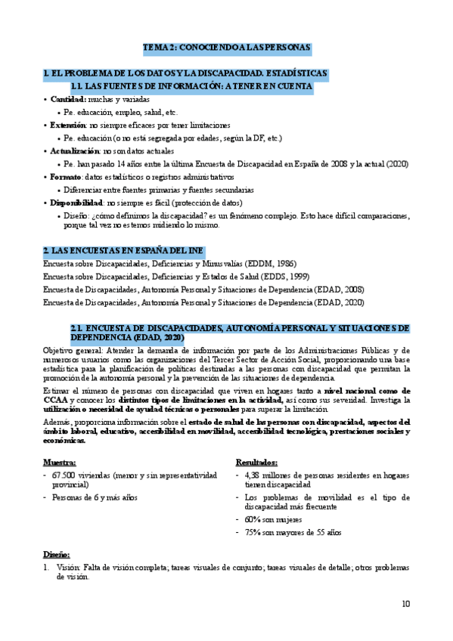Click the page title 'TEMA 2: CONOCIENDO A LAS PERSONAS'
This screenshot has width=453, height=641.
pos(227,48)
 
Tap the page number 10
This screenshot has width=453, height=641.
pos(407,603)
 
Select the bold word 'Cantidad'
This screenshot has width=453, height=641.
pos(68,99)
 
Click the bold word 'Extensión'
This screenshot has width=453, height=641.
pos(69,125)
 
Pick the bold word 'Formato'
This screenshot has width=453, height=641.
pos(66,177)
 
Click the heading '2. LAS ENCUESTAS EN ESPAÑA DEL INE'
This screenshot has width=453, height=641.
pos(123,250)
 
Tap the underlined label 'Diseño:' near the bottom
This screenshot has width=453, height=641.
pos(56,554)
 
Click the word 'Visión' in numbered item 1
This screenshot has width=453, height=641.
pos(68,567)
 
